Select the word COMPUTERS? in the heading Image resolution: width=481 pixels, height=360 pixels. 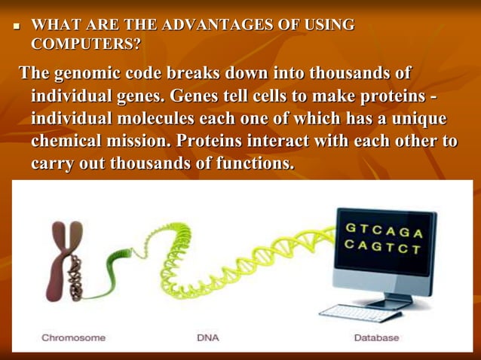[x=85, y=44]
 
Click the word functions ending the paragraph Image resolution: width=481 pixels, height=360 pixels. [x=250, y=163]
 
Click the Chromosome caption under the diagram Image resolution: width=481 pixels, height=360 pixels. [x=73, y=338]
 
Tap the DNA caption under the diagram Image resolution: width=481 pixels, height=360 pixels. [x=207, y=338]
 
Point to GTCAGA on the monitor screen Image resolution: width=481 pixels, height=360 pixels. [x=383, y=229]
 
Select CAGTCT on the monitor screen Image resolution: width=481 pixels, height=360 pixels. [x=382, y=246]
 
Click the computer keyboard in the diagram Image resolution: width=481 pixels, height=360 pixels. [x=351, y=313]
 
